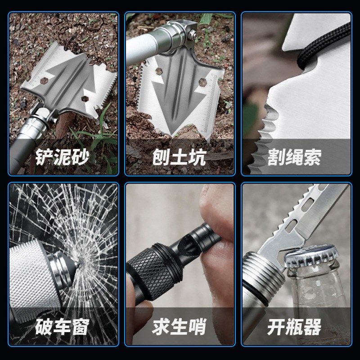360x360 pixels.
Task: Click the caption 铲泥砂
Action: point(63,157)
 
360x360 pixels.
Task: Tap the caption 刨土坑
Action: point(179,157)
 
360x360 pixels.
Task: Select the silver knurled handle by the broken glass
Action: point(27,274)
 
